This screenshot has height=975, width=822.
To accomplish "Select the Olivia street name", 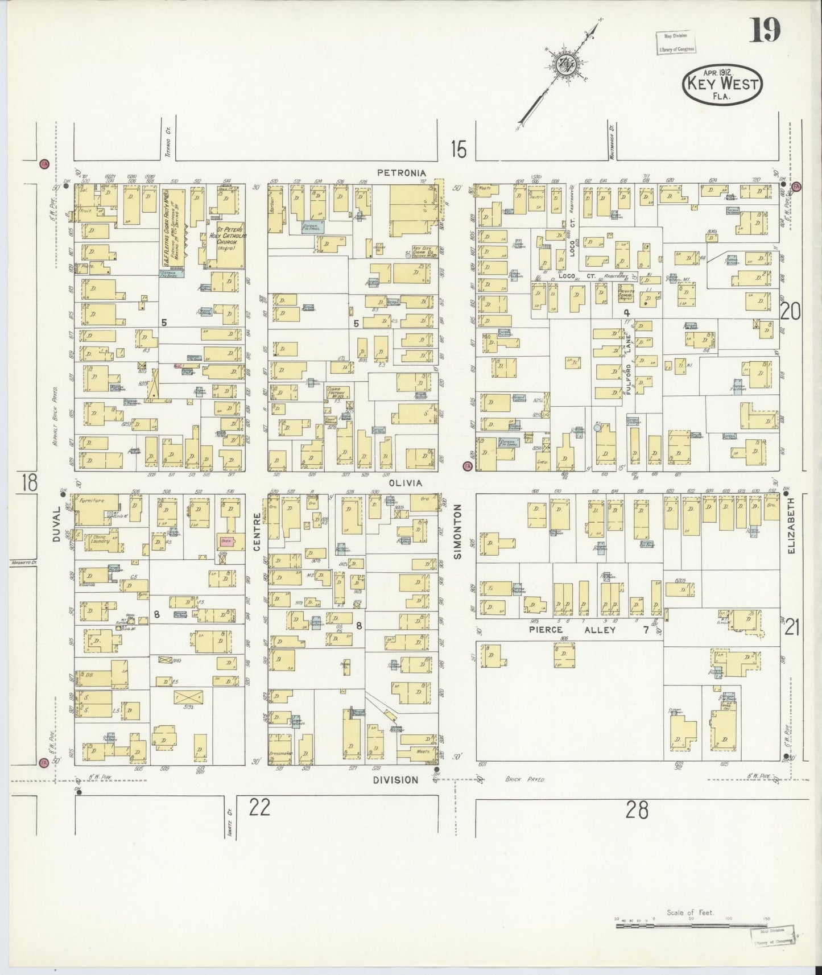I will (x=404, y=482).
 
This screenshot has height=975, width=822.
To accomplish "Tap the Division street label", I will (x=396, y=780).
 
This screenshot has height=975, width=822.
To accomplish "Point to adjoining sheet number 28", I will (x=637, y=811).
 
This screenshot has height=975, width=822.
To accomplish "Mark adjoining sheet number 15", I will (x=458, y=150).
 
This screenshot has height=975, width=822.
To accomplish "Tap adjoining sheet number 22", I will (x=259, y=808).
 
